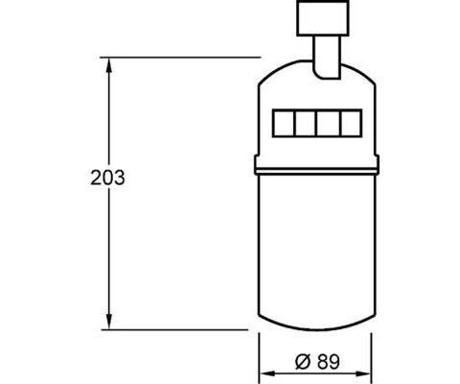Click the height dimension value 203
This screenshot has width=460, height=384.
107,178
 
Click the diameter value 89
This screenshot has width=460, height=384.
329,362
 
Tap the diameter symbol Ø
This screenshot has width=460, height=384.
303,362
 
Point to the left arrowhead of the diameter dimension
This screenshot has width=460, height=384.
266,373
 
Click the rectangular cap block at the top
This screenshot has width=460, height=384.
323,18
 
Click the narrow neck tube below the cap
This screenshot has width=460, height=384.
327,57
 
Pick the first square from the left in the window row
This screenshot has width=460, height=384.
284,123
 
